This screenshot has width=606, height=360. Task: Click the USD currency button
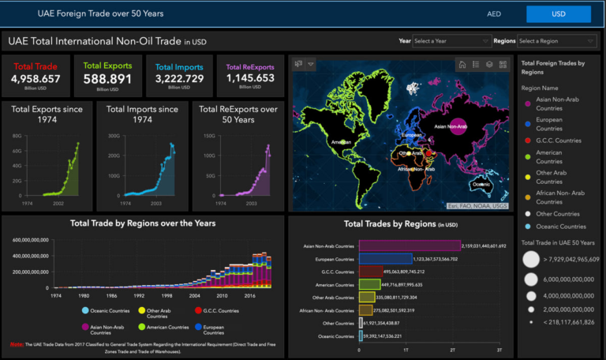[x=558, y=14]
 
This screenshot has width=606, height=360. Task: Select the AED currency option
[x=494, y=14]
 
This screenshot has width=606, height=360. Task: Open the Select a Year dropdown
[x=451, y=40]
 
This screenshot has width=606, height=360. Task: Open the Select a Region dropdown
[x=555, y=40]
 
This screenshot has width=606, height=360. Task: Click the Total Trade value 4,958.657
[x=36, y=79]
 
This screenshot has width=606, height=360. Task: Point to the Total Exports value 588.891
[x=107, y=79]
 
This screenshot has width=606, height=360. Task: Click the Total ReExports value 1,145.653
[x=250, y=79]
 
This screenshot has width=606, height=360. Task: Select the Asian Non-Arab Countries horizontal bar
[x=410, y=246]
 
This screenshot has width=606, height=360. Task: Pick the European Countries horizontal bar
[x=385, y=258]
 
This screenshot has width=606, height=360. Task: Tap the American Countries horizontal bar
[x=369, y=284]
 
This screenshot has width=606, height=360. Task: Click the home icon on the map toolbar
[x=462, y=64]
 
